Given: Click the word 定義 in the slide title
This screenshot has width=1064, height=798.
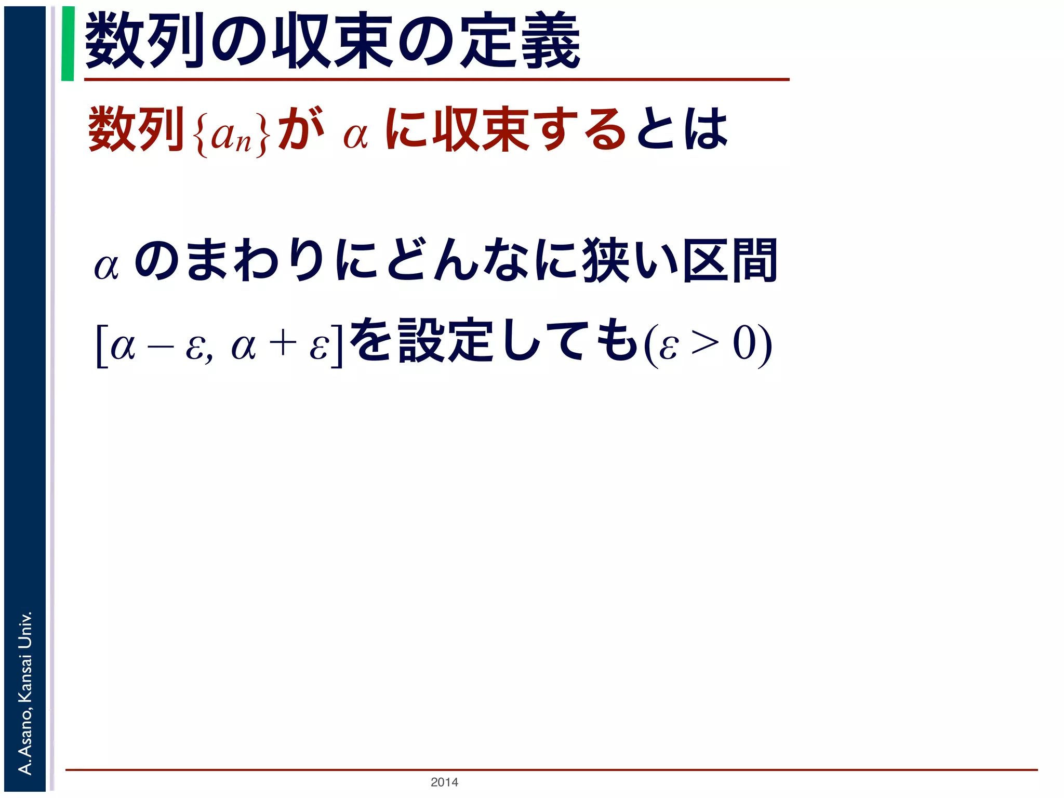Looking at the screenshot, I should (x=521, y=42).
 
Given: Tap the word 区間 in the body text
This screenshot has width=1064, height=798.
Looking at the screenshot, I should (x=730, y=260).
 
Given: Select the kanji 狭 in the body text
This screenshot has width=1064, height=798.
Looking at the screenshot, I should (x=603, y=260).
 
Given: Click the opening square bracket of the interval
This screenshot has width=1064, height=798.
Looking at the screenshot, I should (x=102, y=345).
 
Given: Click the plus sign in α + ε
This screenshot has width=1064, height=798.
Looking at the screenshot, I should (x=283, y=344).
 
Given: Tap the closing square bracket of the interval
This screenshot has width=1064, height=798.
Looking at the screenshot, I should (x=337, y=345).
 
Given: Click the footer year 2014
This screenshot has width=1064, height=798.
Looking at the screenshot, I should (x=444, y=782).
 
